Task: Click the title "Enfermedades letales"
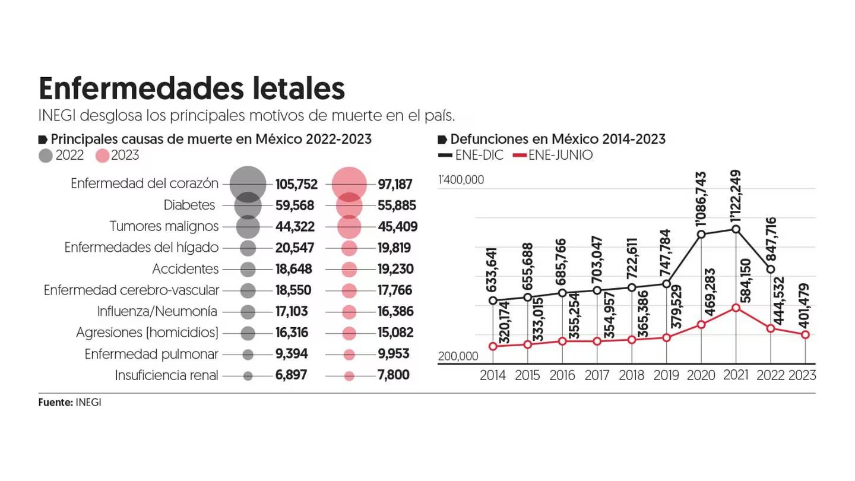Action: pyautogui.click(x=191, y=88)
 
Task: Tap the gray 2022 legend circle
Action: pyautogui.click(x=46, y=156)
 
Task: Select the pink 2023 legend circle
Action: pyautogui.click(x=102, y=156)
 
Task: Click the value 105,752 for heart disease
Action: pyautogui.click(x=296, y=184)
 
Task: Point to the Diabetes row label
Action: pyautogui.click(x=189, y=205)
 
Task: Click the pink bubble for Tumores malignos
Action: pyautogui.click(x=349, y=227)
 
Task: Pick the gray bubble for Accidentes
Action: pyautogui.click(x=248, y=269)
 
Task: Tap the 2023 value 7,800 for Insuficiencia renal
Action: pyautogui.click(x=393, y=375)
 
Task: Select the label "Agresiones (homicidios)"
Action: pyautogui.click(x=147, y=333)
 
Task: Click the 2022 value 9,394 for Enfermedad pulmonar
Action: pyautogui.click(x=291, y=354)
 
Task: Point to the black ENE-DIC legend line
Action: pyautogui.click(x=445, y=156)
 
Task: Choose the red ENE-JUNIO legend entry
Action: pyautogui.click(x=552, y=156)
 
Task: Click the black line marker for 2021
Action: pyautogui.click(x=736, y=229)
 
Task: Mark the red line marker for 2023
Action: pyautogui.click(x=805, y=335)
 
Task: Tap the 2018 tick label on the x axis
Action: pyautogui.click(x=631, y=375)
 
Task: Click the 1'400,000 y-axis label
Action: pyautogui.click(x=461, y=180)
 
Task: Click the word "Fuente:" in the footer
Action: pyautogui.click(x=56, y=402)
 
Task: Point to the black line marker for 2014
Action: pyautogui.click(x=493, y=300)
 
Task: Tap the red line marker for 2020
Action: pyautogui.click(x=701, y=324)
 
